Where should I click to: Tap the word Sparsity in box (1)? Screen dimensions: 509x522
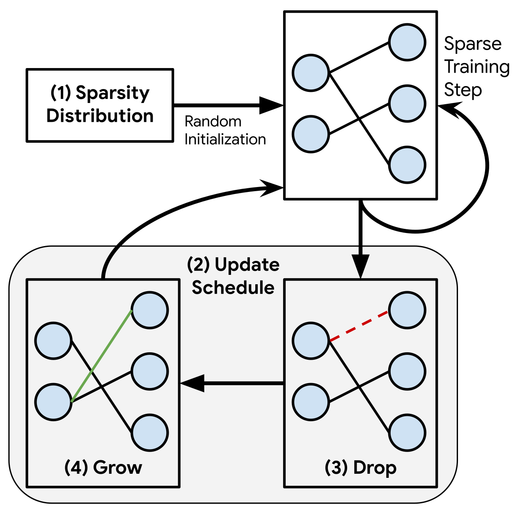pyautogui.click(x=112, y=93)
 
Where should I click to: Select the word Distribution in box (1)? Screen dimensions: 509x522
pyautogui.click(x=100, y=116)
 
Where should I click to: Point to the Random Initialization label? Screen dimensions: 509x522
pyautogui.click(x=225, y=130)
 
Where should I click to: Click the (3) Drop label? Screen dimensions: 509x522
pyautogui.click(x=360, y=468)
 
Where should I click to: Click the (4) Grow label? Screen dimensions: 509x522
pyautogui.click(x=103, y=468)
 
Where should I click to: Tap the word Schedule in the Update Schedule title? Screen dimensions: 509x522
pyautogui.click(x=233, y=288)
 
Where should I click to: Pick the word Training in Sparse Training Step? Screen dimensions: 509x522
pyautogui.click(x=477, y=67)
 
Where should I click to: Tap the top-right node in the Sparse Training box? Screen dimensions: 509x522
pyautogui.click(x=407, y=43)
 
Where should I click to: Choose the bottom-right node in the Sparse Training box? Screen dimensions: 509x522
pyautogui.click(x=407, y=165)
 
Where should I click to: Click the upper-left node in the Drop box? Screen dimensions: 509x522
pyautogui.click(x=311, y=340)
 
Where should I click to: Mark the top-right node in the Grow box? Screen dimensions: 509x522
pyautogui.click(x=150, y=310)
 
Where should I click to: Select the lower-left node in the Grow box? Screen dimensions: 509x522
pyautogui.click(x=53, y=402)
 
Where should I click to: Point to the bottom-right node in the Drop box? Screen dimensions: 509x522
pyautogui.click(x=407, y=433)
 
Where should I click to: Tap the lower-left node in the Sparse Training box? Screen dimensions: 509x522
pyautogui.click(x=311, y=134)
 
